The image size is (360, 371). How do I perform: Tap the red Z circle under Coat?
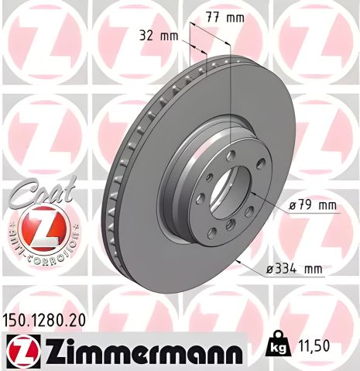click(39, 229)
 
